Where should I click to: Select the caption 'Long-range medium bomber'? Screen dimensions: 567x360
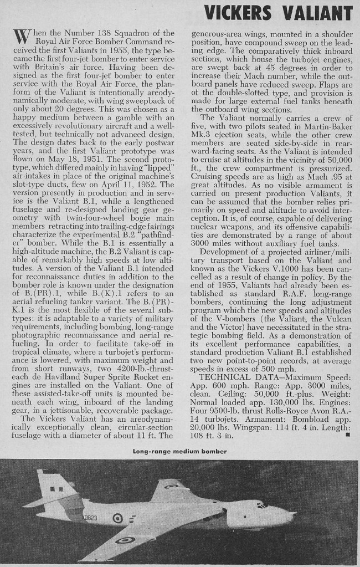pyautogui.click(x=180, y=451)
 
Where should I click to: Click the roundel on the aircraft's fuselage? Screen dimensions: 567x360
pyautogui.click(x=117, y=519)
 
